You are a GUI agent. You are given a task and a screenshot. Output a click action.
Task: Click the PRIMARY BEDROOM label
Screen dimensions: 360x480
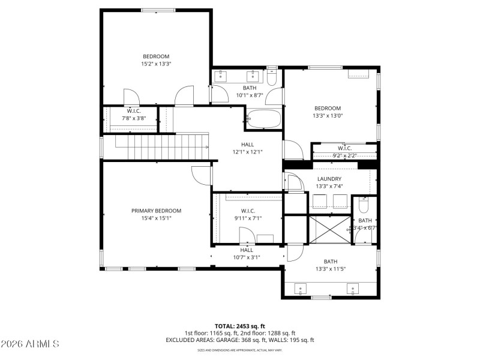pos(156,211)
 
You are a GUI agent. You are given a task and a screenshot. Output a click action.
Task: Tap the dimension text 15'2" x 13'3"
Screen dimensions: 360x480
pos(156,64)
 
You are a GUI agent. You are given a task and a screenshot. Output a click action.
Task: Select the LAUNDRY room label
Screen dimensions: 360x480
pos(329,179)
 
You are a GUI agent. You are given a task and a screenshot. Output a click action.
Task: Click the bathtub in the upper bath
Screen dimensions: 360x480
pos(264,119)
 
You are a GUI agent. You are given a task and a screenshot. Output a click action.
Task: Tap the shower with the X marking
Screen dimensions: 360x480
pos(328,229)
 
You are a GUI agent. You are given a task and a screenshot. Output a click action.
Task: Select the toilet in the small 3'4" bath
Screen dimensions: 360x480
pos(364,208)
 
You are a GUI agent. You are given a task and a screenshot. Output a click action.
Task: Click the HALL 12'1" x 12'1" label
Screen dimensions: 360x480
pos(248,145)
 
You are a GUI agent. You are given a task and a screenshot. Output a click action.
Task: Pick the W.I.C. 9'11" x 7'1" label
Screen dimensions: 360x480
pos(248,211)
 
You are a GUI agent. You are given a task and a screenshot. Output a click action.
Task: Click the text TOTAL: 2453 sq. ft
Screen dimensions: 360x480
pos(240,326)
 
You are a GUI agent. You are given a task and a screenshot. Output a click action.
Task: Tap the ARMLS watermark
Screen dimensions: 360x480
pos(30,344)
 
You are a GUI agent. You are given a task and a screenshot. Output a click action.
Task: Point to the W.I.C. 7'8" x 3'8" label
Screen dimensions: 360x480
pos(133,111)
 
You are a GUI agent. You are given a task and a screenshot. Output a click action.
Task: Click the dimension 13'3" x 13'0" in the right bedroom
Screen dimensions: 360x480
pos(328,116)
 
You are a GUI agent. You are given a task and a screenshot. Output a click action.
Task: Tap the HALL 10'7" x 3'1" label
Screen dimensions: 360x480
pos(247,250)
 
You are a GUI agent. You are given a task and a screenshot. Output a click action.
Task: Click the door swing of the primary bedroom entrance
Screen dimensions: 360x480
pos(202,175)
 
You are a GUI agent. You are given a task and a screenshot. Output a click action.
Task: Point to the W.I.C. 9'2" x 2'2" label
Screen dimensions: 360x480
pos(344,148)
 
